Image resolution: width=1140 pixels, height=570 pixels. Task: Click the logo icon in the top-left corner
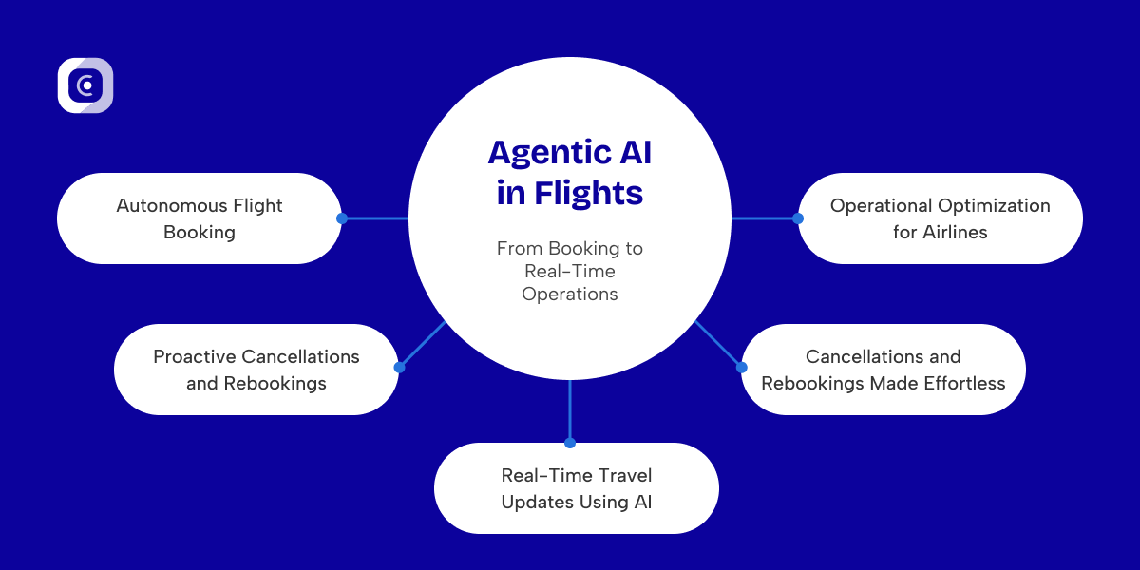(x=85, y=85)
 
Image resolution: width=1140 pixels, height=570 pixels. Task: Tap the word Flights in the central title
(x=588, y=193)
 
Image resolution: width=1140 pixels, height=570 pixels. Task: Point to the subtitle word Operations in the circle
(x=570, y=294)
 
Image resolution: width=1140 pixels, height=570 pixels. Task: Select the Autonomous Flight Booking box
(x=199, y=218)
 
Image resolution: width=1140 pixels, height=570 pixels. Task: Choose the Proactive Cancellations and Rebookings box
(x=256, y=370)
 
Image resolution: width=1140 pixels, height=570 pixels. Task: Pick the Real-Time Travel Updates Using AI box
(x=577, y=488)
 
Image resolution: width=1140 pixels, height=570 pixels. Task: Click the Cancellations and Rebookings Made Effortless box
(x=883, y=370)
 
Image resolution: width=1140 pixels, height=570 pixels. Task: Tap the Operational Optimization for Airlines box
(x=940, y=218)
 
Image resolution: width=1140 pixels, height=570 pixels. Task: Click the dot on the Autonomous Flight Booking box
(x=342, y=218)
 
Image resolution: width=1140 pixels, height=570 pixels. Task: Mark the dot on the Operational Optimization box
(x=798, y=218)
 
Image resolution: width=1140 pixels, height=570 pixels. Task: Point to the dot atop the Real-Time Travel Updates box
(x=570, y=443)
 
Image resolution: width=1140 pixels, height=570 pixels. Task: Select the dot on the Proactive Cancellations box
(x=399, y=367)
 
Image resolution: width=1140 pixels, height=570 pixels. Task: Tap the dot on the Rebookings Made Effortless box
(x=741, y=367)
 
